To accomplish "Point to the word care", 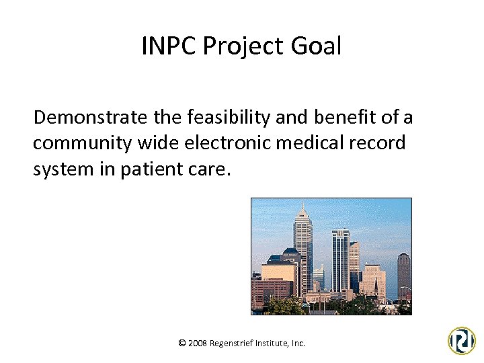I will pyautogui.click(x=210, y=169).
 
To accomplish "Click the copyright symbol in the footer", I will pyautogui.click(x=182, y=343).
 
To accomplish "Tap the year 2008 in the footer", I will pyautogui.click(x=198, y=343).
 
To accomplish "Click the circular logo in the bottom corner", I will pyautogui.click(x=462, y=340).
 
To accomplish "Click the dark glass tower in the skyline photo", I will pyautogui.click(x=340, y=259).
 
